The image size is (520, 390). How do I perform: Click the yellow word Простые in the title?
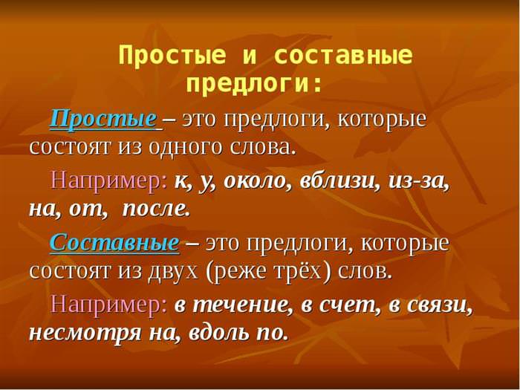tap(172, 56)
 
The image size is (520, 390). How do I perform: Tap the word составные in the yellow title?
tap(343, 55)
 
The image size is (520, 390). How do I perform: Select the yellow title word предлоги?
tap(254, 83)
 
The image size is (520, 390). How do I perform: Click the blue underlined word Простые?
tap(103, 119)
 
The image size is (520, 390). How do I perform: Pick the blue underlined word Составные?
tap(114, 242)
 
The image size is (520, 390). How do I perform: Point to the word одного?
tap(185, 147)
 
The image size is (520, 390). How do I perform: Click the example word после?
tap(156, 209)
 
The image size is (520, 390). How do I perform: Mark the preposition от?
tap(88, 210)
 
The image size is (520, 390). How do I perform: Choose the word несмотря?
tap(85, 333)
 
